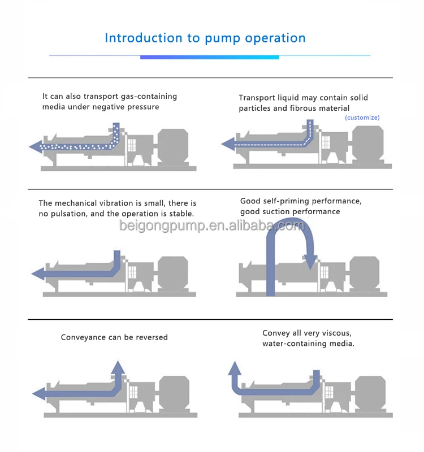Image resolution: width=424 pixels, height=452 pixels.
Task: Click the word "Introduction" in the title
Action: point(144,38)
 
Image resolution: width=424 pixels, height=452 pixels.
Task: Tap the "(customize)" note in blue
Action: point(362,118)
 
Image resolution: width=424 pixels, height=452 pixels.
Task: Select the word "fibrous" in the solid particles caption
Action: point(306,108)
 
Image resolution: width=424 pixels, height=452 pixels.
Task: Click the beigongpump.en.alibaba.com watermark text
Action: point(211,225)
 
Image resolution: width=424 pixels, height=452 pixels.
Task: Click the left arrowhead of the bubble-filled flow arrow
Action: point(36,146)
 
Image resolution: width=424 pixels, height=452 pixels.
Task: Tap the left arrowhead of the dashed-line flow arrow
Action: point(228,144)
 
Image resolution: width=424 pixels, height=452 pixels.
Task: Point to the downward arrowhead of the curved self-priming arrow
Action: point(310,262)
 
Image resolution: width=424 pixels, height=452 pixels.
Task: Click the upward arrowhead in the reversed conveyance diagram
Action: point(118,368)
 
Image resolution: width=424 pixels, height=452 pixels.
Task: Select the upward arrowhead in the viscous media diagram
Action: point(235,368)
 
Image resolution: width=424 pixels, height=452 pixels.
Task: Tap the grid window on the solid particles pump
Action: point(326,142)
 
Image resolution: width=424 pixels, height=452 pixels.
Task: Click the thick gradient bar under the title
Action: point(209,58)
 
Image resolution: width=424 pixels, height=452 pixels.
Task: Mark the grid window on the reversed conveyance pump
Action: point(133,393)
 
